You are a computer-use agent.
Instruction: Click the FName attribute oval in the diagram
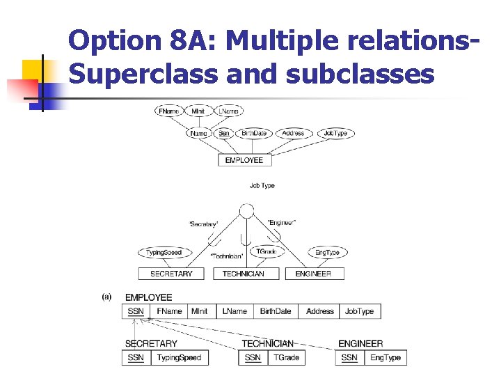(168, 111)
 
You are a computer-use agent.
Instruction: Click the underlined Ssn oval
(223, 133)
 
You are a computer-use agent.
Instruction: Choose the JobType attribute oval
(335, 133)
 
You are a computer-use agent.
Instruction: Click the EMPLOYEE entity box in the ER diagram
(244, 160)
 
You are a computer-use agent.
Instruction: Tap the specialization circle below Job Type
(246, 211)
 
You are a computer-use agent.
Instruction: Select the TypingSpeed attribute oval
(164, 252)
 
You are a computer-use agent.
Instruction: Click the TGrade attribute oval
(267, 251)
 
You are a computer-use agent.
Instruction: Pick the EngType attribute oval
(328, 252)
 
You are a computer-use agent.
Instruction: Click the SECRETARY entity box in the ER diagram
(171, 274)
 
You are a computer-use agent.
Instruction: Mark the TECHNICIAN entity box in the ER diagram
(243, 274)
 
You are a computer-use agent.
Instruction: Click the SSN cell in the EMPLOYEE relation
(136, 311)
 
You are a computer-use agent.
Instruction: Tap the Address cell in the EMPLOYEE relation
(319, 311)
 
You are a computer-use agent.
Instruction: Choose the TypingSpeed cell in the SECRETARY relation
(179, 358)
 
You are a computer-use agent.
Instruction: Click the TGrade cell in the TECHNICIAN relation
(286, 358)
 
